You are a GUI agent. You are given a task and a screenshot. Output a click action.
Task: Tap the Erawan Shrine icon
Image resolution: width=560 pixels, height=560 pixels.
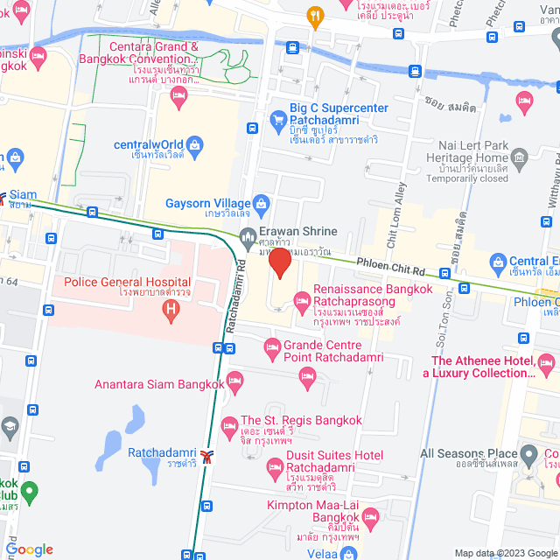[247, 234]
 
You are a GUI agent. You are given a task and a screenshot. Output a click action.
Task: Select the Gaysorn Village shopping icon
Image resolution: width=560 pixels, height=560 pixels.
[260, 203]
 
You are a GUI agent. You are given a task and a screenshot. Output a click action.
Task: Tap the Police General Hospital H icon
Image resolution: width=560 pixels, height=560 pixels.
[171, 307]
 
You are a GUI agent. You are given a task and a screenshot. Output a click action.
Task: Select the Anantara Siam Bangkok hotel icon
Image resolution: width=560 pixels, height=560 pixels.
[234, 379]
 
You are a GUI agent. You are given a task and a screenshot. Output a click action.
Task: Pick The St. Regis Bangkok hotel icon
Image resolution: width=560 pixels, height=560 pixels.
[230, 427]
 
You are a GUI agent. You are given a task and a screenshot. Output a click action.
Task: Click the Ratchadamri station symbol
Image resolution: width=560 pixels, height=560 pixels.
[206, 455]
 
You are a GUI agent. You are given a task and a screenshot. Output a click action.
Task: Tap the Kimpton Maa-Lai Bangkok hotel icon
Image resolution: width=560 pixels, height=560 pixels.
[369, 517]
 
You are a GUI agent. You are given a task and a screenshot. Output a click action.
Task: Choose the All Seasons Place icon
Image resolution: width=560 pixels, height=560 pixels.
[528, 455]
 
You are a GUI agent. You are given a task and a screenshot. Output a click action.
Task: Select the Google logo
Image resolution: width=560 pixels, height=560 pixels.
[29, 549]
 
